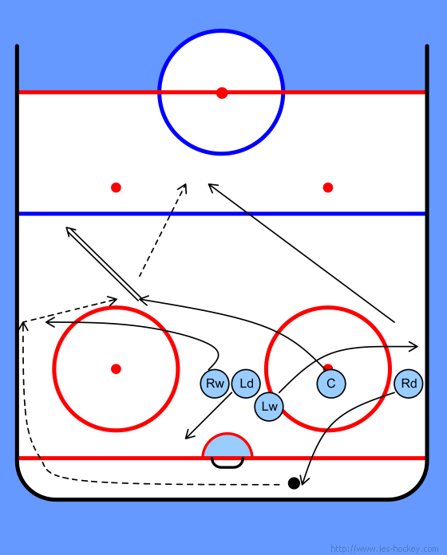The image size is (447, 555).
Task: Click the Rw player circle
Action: [x=215, y=384]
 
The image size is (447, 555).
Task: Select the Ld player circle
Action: [x=246, y=384]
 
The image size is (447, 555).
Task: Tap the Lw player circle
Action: [x=269, y=407]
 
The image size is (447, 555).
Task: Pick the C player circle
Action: [x=331, y=384]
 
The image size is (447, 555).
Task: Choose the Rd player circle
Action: [x=409, y=384]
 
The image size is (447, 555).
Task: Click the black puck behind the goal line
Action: [x=294, y=483]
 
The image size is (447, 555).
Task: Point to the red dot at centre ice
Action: [x=222, y=92]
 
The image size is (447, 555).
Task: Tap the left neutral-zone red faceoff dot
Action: [x=116, y=187]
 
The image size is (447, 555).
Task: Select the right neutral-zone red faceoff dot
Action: [x=328, y=187]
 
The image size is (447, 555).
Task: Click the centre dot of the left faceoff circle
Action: [x=116, y=369]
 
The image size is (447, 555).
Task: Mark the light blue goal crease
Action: [x=227, y=446]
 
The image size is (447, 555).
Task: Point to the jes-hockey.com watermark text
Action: [x=384, y=549]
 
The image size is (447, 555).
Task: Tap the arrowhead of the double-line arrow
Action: [x=69, y=230]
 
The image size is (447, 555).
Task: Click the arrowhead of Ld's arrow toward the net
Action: [x=189, y=435]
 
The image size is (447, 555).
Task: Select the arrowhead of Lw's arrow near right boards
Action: [x=414, y=347]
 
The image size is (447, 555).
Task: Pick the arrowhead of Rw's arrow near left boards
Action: [x=49, y=322]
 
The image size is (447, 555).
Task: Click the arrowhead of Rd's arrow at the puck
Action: [x=304, y=481]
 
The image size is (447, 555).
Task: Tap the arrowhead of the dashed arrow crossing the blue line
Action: [x=184, y=187]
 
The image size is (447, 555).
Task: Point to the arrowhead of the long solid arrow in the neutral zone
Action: [x=212, y=187]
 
